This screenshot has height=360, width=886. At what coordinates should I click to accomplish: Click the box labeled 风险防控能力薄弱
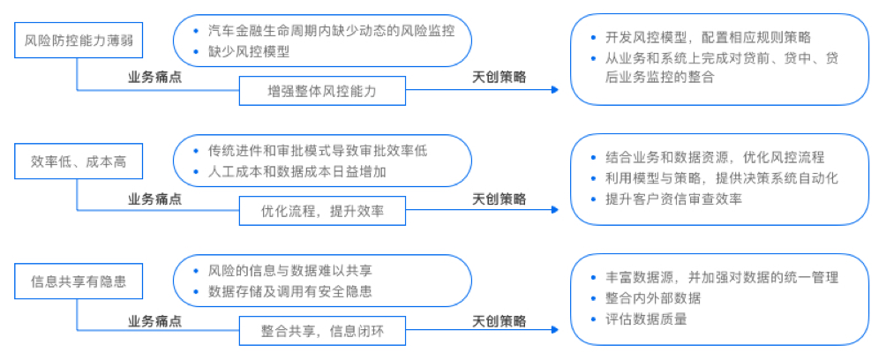pyautogui.click(x=79, y=41)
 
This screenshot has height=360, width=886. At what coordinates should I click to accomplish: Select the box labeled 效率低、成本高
pyautogui.click(x=79, y=161)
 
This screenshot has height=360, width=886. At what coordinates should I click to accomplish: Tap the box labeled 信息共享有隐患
pyautogui.click(x=79, y=281)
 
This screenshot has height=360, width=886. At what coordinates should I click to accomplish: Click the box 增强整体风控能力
pyautogui.click(x=322, y=91)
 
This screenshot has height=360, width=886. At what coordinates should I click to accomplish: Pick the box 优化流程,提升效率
pyautogui.click(x=322, y=211)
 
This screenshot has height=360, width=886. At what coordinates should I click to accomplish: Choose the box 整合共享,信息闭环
pyautogui.click(x=322, y=331)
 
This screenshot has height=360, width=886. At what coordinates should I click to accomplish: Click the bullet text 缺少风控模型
pyautogui.click(x=249, y=52)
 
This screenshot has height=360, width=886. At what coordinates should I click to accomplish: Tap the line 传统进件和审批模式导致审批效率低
pyautogui.click(x=318, y=151)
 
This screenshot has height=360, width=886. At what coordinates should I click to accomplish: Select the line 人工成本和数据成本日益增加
pyautogui.click(x=297, y=172)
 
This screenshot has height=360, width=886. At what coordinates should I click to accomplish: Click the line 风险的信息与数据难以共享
pyautogui.click(x=289, y=271)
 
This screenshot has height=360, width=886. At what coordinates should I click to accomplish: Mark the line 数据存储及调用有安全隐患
pyautogui.click(x=289, y=292)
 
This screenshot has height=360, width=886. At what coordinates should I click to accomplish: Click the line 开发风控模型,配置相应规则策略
pyautogui.click(x=708, y=38)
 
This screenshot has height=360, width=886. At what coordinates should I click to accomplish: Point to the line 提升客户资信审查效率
pyautogui.click(x=673, y=199)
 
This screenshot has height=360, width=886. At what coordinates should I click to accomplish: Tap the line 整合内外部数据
pyautogui.click(x=652, y=298)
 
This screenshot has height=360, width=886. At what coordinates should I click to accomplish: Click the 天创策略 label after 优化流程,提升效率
pyautogui.click(x=499, y=199)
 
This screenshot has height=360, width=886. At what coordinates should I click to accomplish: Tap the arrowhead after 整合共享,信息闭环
pyautogui.click(x=554, y=330)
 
